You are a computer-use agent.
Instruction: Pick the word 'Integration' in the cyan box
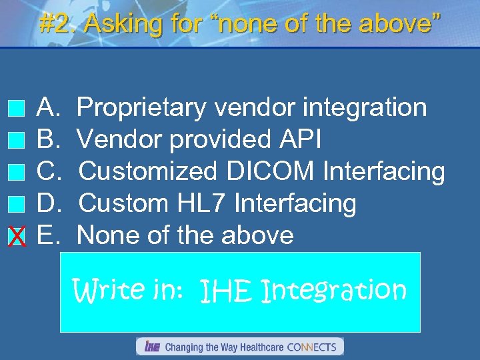334,291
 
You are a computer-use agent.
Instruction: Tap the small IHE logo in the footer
151,347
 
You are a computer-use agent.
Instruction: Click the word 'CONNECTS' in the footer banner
313,347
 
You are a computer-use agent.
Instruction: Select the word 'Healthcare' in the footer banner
259,347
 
